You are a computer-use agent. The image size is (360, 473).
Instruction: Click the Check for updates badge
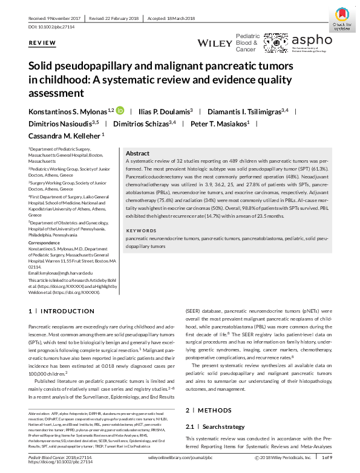click(x=342, y=18)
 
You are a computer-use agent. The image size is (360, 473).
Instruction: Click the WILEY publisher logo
click(x=215, y=44)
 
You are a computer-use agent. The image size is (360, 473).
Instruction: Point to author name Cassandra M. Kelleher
click(x=67, y=136)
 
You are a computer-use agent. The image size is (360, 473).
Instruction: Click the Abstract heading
click(x=137, y=154)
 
